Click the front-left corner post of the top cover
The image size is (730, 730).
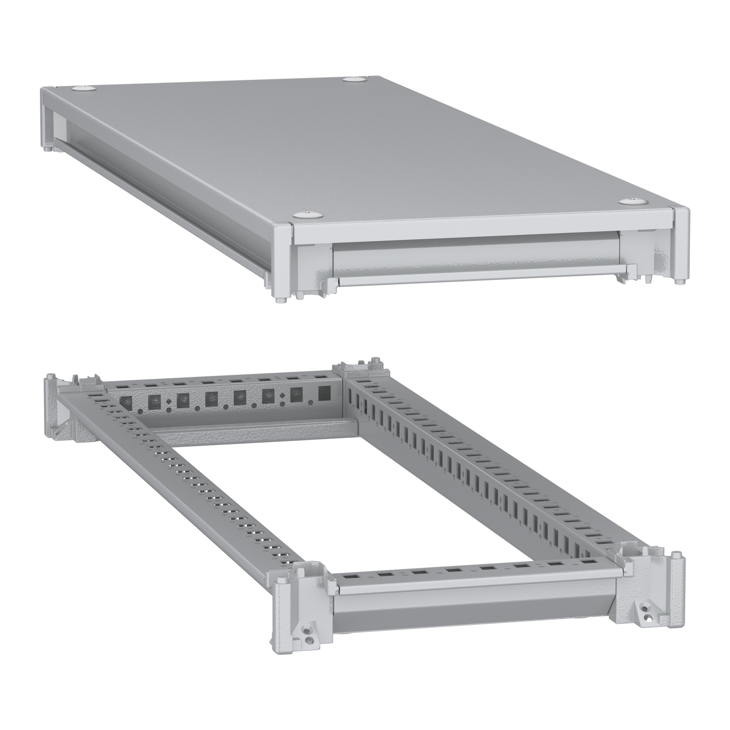281,260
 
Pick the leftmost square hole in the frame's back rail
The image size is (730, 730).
124,403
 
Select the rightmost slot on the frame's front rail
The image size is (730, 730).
587,561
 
